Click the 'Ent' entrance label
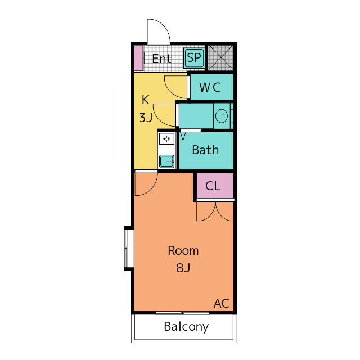point(161,58)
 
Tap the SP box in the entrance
point(194,57)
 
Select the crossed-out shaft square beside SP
point(220,57)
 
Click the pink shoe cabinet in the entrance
point(138,58)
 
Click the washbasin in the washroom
point(221,116)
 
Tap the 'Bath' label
point(205,150)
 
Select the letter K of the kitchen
point(145,100)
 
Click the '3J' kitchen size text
point(146,118)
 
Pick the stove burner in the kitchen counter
point(166,138)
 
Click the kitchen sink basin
point(166,161)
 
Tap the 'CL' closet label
point(213,186)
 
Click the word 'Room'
point(183,251)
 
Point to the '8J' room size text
point(183,268)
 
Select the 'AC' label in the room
point(222,304)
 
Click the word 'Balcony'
point(186,327)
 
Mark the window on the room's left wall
point(129,247)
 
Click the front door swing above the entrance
point(158,31)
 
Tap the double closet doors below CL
point(215,210)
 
